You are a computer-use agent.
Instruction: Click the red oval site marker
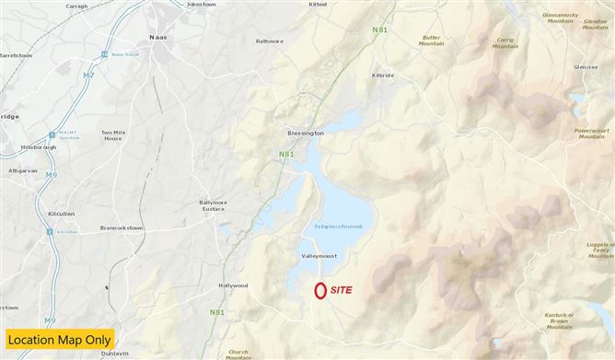[x=319, y=290]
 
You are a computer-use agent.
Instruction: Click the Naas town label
[x=158, y=38]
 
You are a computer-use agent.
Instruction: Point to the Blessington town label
[x=306, y=133]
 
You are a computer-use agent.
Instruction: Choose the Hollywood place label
[x=232, y=285]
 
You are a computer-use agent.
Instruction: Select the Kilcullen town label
[x=60, y=214]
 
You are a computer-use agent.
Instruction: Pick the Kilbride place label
[x=383, y=75]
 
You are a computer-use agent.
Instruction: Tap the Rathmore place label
[x=271, y=41]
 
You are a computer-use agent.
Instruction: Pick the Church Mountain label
[x=238, y=353]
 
